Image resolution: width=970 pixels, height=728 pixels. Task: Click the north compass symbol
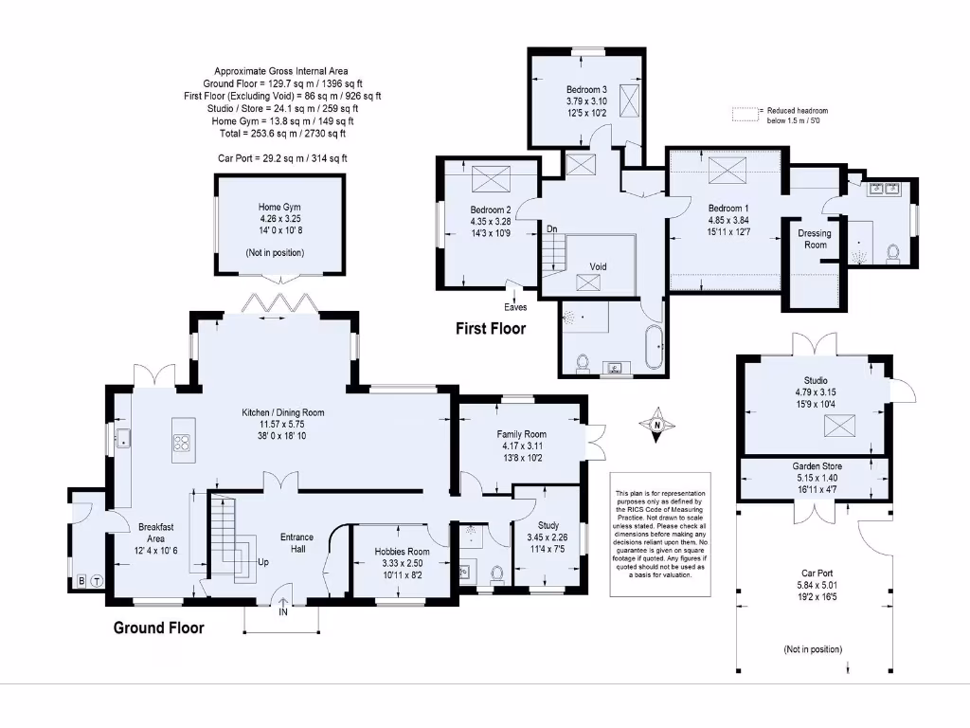[655, 426]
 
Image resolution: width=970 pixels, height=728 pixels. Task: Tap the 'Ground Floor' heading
[158, 628]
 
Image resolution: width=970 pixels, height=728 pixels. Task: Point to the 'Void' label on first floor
[598, 266]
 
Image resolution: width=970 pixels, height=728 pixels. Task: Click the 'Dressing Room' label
[815, 239]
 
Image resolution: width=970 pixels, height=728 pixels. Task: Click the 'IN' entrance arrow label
[282, 612]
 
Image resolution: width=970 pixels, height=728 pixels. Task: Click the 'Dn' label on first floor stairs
[551, 228]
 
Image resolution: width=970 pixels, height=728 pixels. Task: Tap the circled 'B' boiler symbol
[81, 581]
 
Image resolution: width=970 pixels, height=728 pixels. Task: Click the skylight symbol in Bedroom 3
[626, 99]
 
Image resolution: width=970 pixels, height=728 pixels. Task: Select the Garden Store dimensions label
[816, 478]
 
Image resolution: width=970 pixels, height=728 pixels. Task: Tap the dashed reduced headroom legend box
[746, 114]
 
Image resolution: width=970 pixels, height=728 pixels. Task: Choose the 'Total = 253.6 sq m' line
[280, 134]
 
